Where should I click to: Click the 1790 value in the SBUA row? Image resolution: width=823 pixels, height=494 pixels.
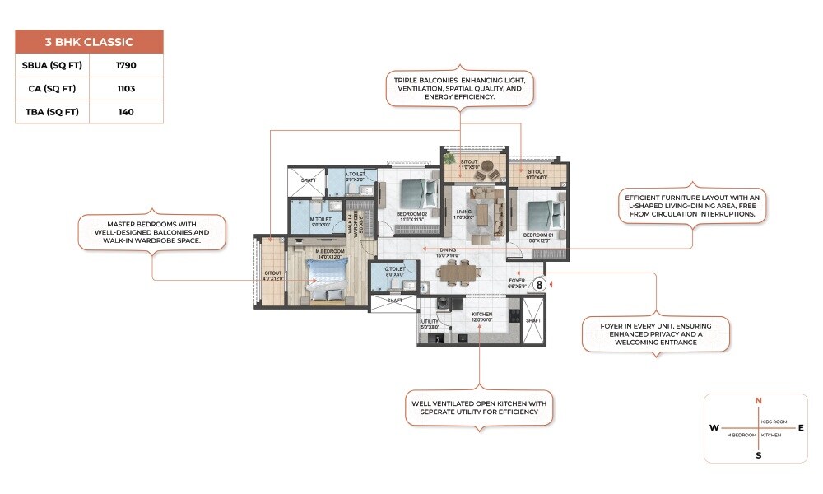tap(126, 64)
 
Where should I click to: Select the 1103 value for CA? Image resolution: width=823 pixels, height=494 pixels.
tap(126, 88)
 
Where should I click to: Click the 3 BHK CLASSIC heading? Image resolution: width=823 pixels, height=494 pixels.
tap(89, 41)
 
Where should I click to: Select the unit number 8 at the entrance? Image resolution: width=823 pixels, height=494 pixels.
tap(540, 284)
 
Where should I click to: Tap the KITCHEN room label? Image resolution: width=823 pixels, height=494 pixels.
tap(481, 315)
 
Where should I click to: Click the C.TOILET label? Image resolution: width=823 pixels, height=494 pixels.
tap(395, 269)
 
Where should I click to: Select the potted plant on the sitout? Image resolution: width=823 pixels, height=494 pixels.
tap(449, 158)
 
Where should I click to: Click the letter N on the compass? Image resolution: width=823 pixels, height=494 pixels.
tap(758, 401)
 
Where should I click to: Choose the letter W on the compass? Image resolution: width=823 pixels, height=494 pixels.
tap(713, 428)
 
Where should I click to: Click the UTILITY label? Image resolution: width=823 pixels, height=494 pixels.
tap(430, 322)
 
